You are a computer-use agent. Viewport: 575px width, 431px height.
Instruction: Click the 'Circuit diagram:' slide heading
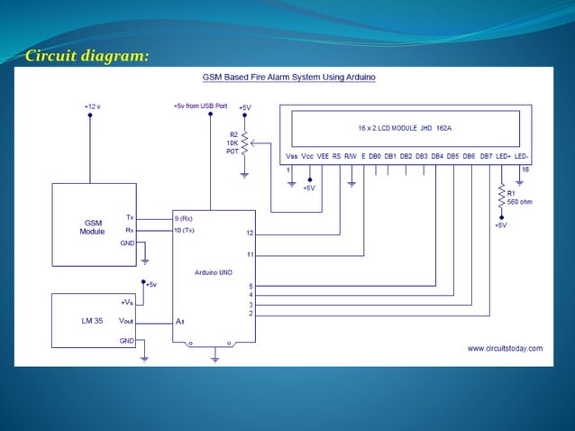click(x=87, y=57)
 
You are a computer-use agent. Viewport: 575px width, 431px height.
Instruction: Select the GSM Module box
click(x=93, y=225)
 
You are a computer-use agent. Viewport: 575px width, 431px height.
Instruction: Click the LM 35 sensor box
click(x=93, y=320)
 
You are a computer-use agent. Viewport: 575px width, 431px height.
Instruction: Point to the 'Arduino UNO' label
click(x=214, y=271)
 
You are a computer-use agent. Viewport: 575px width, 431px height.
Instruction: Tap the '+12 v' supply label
click(x=92, y=105)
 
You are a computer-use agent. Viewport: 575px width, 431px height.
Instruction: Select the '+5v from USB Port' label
click(x=200, y=105)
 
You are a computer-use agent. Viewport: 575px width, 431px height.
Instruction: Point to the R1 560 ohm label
click(x=518, y=197)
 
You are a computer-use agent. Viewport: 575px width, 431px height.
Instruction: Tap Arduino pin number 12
click(x=250, y=233)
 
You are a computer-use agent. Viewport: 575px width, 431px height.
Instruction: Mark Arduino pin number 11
click(x=250, y=254)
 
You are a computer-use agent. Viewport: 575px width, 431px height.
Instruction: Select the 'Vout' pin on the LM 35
click(x=127, y=320)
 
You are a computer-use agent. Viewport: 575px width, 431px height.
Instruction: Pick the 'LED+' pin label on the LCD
click(x=501, y=156)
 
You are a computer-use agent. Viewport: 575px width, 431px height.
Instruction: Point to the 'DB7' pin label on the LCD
click(x=485, y=156)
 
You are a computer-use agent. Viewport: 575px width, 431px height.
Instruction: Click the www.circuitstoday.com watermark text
click(x=505, y=348)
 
